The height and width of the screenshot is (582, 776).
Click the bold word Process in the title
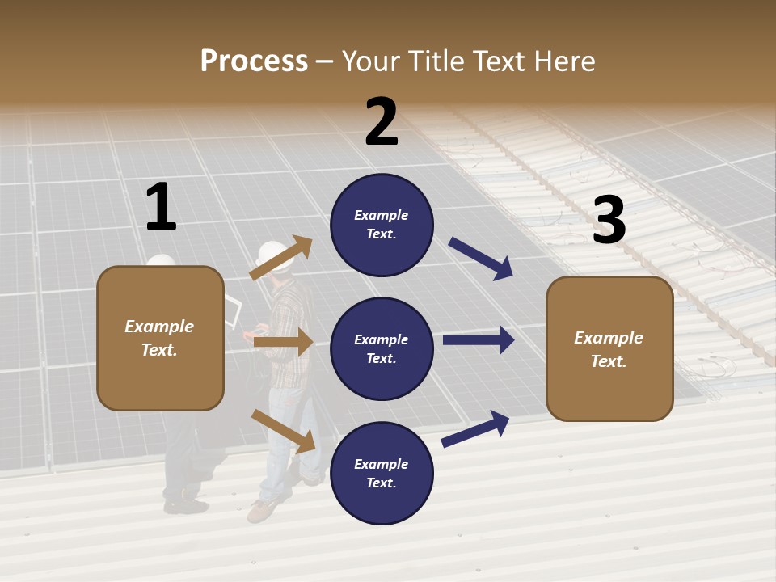point(254,61)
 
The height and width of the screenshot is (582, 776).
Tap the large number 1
point(161,207)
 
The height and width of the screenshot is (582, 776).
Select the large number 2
point(382,121)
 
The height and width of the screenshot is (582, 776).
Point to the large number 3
point(609,220)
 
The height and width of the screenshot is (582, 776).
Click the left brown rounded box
point(160,338)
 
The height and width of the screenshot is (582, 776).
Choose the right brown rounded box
point(609,348)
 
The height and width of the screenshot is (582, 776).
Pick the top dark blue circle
point(382,224)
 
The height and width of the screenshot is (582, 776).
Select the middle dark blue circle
point(382,348)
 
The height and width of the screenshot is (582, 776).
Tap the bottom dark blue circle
point(382,473)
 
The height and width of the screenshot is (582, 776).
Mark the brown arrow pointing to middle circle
point(283,342)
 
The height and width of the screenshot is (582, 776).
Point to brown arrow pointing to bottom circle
point(283,431)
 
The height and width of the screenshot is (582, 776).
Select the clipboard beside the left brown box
point(233,311)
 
